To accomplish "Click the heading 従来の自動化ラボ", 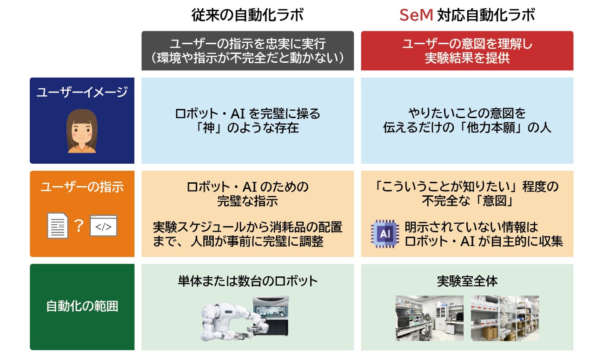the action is point(247,15).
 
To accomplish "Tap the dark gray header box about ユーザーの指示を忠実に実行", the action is point(247,51).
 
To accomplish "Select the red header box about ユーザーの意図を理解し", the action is point(467,51).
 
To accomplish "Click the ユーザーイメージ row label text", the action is point(82,92).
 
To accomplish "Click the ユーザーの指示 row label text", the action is point(82,187).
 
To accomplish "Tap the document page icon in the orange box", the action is point(58,226).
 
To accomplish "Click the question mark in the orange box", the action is point(79,226).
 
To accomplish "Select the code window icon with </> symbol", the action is point(103,226).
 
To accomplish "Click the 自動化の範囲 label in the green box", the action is point(82,306).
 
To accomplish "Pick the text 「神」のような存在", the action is point(247,128).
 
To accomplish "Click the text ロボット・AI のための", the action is point(247,187).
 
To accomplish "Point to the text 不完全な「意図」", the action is point(467,201).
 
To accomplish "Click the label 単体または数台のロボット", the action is point(247,281).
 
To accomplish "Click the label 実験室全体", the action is point(467,281).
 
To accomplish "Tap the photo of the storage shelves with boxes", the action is point(504,318).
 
